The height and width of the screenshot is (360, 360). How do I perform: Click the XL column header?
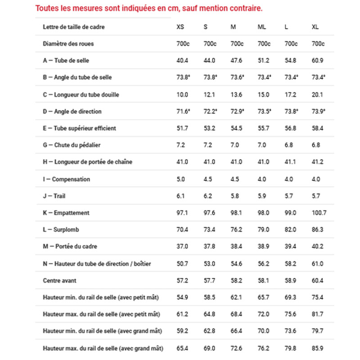[315, 27]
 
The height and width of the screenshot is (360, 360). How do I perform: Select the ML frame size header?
[261, 27]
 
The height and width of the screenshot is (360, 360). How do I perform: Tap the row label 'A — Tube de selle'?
[66, 60]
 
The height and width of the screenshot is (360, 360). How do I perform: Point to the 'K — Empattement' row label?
[66, 213]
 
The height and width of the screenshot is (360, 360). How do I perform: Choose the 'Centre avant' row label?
[59, 280]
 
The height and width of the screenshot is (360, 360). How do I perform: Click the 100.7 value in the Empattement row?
[318, 213]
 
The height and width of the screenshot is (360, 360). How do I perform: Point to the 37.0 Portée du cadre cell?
[182, 247]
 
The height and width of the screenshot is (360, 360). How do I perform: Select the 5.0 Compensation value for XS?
[180, 179]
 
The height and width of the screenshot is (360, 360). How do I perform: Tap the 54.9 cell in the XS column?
[182, 297]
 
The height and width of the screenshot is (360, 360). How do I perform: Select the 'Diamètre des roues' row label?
[68, 44]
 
